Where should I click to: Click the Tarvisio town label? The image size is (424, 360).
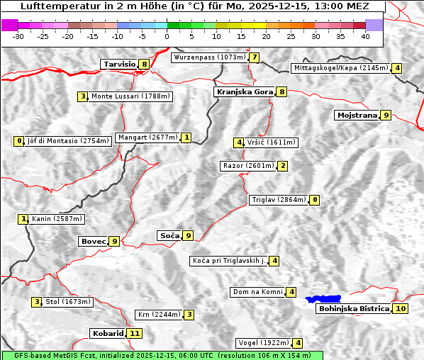click(119, 64)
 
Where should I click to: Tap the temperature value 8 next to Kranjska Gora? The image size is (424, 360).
click(281, 91)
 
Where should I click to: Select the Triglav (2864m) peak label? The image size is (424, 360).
click(279, 200)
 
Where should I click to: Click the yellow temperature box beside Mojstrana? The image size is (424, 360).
click(386, 115)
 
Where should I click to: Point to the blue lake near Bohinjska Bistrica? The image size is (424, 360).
click(323, 300)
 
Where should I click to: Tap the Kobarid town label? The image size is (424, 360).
click(108, 333)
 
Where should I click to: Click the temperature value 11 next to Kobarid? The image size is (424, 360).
click(135, 333)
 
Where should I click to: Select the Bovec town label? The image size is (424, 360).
click(93, 241)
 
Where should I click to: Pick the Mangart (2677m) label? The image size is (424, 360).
click(147, 137)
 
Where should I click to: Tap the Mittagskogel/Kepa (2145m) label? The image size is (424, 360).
click(341, 68)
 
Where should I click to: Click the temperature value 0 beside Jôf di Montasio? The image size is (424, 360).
click(19, 141)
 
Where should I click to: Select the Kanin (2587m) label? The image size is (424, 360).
click(57, 219)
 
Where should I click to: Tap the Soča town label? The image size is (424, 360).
click(169, 235)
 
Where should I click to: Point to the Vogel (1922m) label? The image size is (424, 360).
click(262, 343)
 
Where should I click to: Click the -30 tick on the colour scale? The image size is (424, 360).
click(18, 35)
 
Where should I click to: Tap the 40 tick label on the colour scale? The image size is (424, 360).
click(365, 35)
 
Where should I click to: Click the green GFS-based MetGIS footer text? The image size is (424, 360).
click(162, 355)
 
